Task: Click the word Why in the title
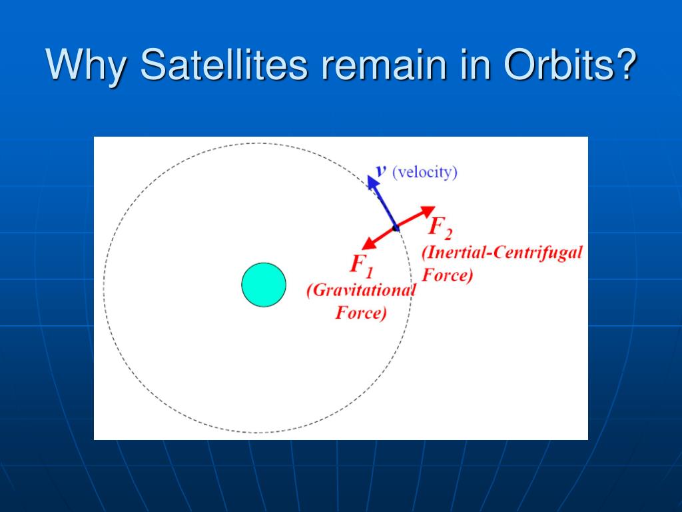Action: pos(86,65)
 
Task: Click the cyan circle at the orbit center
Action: pos(264,285)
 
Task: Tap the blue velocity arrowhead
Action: pos(372,182)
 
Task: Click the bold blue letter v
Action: pos(381,170)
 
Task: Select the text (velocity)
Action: pos(425,172)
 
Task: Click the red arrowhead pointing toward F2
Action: pos(427,211)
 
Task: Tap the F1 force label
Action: pos(362,265)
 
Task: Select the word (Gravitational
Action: pos(361,291)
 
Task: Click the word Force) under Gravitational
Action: pos(360,313)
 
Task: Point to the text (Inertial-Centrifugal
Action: pos(502,253)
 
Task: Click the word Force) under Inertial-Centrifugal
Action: pos(447,275)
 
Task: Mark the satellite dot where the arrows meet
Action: pos(396,228)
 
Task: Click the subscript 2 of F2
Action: pos(448,235)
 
